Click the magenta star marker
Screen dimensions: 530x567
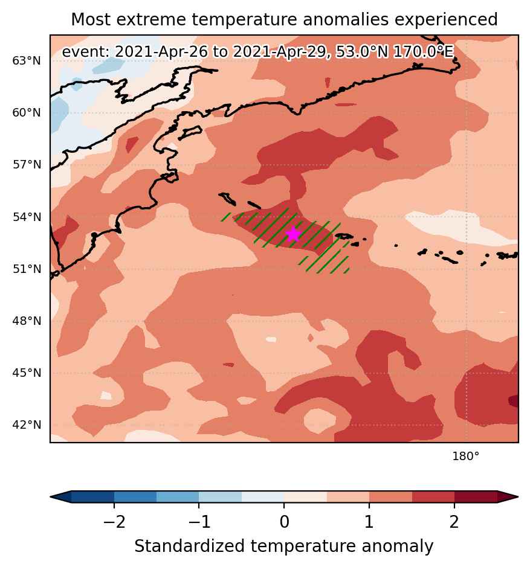tap(294, 234)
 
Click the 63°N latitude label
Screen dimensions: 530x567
tap(27, 61)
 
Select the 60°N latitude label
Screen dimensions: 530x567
tap(27, 113)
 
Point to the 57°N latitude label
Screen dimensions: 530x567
tap(27, 165)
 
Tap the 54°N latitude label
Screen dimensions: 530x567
tap(27, 217)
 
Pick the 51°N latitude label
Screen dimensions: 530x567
tap(27, 269)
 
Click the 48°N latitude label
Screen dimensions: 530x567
tap(27, 321)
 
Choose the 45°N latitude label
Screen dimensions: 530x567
tap(27, 373)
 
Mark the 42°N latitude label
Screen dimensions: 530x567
tap(27, 425)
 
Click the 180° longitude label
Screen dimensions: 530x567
tap(466, 456)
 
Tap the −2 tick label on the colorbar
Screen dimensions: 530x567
tap(114, 522)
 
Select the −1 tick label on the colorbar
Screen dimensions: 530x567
tap(199, 522)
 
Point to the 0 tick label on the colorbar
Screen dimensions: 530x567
tap(284, 522)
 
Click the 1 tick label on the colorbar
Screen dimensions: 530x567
tap(369, 522)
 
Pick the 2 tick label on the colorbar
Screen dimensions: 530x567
tap(454, 522)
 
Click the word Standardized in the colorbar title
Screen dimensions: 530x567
tap(189, 546)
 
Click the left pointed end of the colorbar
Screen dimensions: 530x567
tap(51, 497)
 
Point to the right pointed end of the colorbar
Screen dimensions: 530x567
tap(518, 497)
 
